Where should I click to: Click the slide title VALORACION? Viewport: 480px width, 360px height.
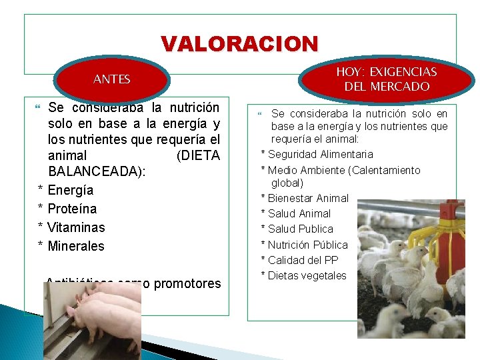(240, 44)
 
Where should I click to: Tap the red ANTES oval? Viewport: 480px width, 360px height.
(112, 79)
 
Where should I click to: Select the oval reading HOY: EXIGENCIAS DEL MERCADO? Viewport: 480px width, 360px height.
(387, 79)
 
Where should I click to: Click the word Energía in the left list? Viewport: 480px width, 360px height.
(71, 191)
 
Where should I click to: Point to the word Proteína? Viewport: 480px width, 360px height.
(72, 209)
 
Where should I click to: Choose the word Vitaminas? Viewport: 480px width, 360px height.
(77, 227)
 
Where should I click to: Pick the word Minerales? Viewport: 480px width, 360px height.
(76, 246)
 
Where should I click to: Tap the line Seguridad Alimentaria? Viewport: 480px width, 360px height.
(311, 155)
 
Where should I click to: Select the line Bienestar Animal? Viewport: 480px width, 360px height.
(308, 198)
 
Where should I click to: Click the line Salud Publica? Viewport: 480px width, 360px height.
(300, 229)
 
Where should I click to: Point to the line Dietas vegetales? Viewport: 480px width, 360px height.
(307, 275)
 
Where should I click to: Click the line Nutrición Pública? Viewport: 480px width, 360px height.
(307, 245)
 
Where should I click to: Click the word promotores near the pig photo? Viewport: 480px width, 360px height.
(187, 283)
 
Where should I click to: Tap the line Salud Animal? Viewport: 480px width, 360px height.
(299, 213)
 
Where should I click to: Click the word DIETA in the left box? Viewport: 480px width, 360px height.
(199, 155)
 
